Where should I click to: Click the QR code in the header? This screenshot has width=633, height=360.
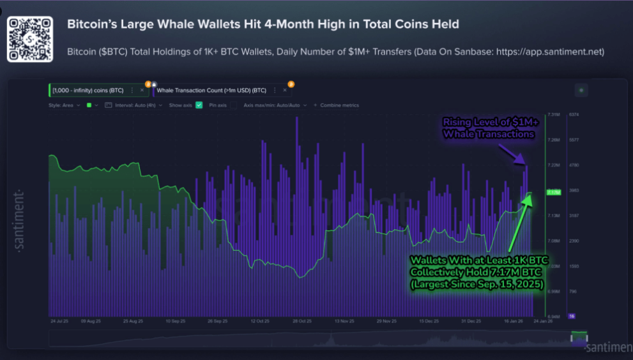click(x=29, y=39)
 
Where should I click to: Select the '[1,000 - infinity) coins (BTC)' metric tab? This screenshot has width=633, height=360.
click(x=88, y=91)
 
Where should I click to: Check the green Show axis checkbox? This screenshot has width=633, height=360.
click(x=199, y=105)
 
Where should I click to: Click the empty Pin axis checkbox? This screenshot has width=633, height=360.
click(x=234, y=105)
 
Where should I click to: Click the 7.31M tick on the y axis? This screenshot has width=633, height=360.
click(x=554, y=115)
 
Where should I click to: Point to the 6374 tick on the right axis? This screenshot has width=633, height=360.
click(x=574, y=115)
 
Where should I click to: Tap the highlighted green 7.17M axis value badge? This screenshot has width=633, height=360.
click(x=553, y=191)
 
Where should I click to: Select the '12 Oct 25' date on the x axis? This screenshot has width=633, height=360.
click(x=260, y=322)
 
